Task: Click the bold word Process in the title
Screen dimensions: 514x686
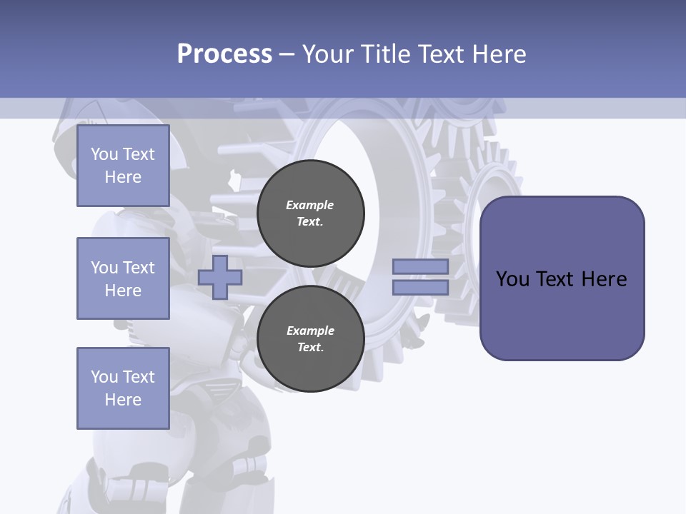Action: point(224,54)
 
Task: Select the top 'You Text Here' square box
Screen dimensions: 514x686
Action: point(123,166)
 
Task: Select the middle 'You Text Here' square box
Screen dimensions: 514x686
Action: point(123,278)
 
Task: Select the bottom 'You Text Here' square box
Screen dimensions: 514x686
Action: point(123,388)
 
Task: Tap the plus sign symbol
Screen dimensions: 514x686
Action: point(219,277)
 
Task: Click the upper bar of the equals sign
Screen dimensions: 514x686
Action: point(420,266)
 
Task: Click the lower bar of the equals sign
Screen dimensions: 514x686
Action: point(420,288)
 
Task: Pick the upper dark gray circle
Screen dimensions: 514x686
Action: point(310,213)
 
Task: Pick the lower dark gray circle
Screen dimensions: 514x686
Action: point(310,339)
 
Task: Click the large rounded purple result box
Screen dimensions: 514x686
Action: point(562,278)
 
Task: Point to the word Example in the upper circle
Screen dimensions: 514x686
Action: point(310,205)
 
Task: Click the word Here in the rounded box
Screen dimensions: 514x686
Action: point(604,279)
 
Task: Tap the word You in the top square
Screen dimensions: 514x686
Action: point(104,154)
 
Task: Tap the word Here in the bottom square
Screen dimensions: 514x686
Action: point(123,400)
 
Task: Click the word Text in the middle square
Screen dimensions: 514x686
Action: point(139,268)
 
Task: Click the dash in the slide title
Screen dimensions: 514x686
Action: point(287,54)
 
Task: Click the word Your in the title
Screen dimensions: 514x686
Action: point(328,54)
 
